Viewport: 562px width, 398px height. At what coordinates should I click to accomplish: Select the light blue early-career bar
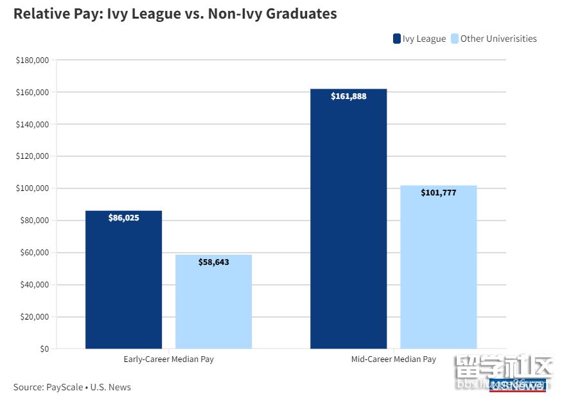pos(213,302)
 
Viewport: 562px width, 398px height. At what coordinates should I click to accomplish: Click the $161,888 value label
pos(349,96)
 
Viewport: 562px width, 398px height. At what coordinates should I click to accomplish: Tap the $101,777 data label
pos(439,192)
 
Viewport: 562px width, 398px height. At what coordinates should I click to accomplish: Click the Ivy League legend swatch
pos(397,39)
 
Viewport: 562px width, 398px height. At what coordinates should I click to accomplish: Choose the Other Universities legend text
pos(498,39)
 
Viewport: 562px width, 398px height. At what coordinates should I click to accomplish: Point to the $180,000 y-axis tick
pos(33,60)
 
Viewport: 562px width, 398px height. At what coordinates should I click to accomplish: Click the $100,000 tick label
pos(33,188)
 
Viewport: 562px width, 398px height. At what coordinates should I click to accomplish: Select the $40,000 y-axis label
pos(35,285)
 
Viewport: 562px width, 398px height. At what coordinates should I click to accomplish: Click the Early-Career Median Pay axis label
pos(168,359)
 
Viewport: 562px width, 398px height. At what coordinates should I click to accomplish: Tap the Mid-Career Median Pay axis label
pos(393,359)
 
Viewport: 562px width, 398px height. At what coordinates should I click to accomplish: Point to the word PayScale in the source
pos(64,387)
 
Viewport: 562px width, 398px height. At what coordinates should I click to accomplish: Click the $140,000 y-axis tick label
pos(33,124)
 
